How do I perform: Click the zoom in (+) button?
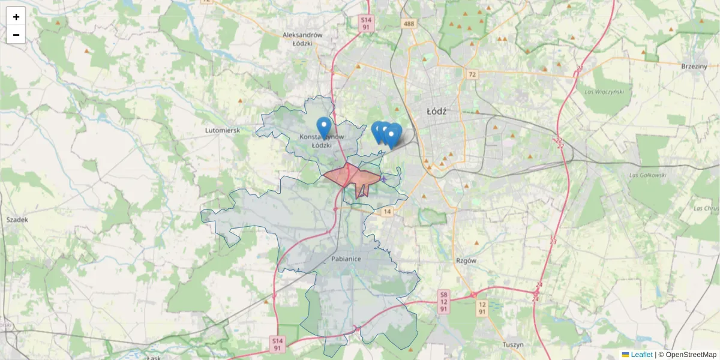(16, 17)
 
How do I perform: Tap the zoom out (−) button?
(16, 35)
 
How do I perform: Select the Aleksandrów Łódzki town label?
(302, 39)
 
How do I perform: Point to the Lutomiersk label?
(223, 130)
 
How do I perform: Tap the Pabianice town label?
(346, 259)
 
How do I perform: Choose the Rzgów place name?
(466, 261)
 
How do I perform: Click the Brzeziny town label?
(694, 66)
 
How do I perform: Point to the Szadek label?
(17, 220)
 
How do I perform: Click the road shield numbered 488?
(409, 23)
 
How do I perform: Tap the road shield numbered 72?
(473, 74)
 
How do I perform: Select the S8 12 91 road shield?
(443, 302)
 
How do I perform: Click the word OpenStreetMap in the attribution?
(691, 355)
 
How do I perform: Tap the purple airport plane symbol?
(384, 179)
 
